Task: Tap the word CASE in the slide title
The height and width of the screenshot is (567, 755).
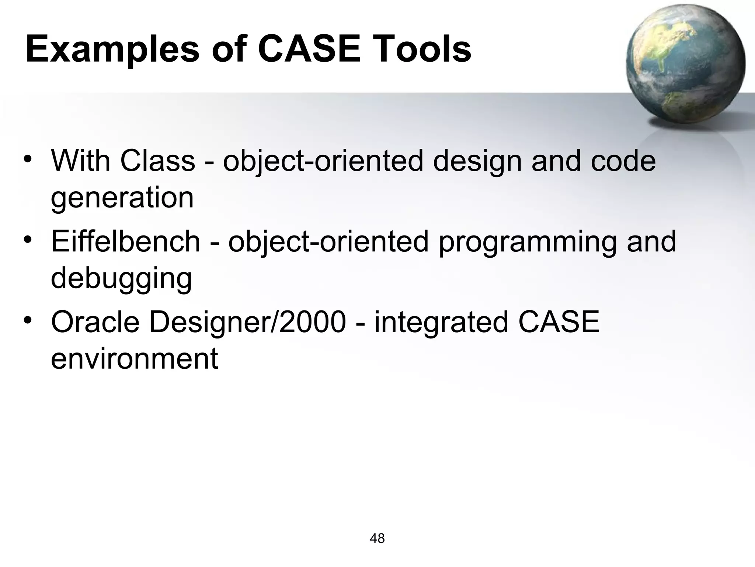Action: point(309,49)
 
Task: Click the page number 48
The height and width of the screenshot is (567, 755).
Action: point(377,539)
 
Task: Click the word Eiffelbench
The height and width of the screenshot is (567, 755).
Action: point(125,241)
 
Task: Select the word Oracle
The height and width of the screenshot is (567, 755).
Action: point(95,322)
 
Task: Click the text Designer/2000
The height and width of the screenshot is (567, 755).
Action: point(247,322)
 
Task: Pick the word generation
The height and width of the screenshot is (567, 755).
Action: point(122,199)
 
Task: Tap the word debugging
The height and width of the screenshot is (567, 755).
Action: point(121,279)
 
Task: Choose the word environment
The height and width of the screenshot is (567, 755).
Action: point(135,359)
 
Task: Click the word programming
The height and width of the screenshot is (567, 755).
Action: point(528,242)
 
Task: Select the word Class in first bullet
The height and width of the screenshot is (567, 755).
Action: point(157,161)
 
